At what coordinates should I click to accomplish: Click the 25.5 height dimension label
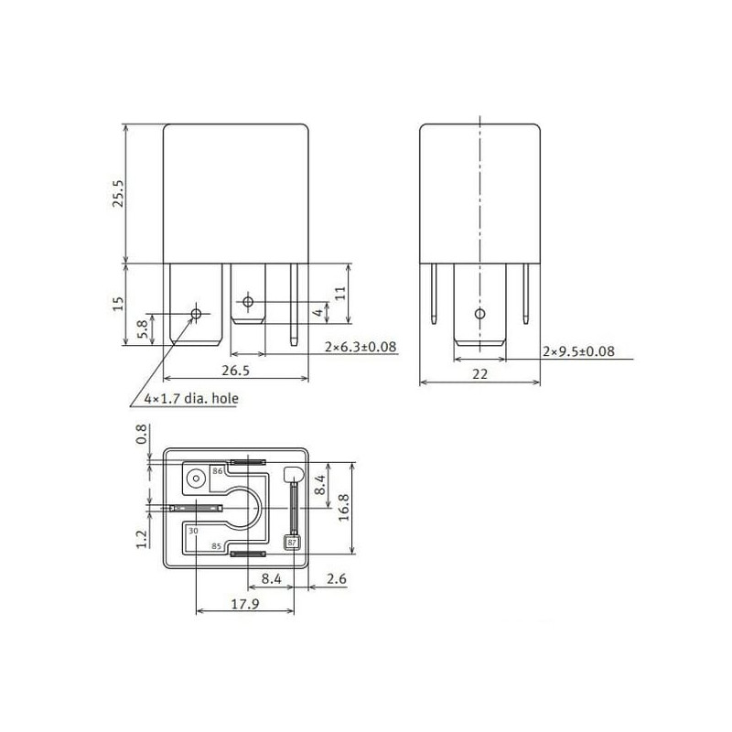click(x=119, y=193)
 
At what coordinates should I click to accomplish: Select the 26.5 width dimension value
click(x=236, y=371)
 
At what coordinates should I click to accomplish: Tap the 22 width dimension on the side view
click(x=479, y=374)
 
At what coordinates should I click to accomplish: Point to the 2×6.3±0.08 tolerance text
click(x=361, y=347)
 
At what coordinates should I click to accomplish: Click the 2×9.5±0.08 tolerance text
click(x=578, y=351)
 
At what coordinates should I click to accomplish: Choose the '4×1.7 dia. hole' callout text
click(x=191, y=399)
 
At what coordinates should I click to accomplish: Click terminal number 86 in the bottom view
click(x=218, y=471)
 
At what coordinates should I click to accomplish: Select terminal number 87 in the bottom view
click(x=292, y=543)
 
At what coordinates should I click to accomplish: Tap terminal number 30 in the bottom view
click(x=193, y=531)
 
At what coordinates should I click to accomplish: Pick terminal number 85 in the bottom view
click(x=216, y=546)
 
